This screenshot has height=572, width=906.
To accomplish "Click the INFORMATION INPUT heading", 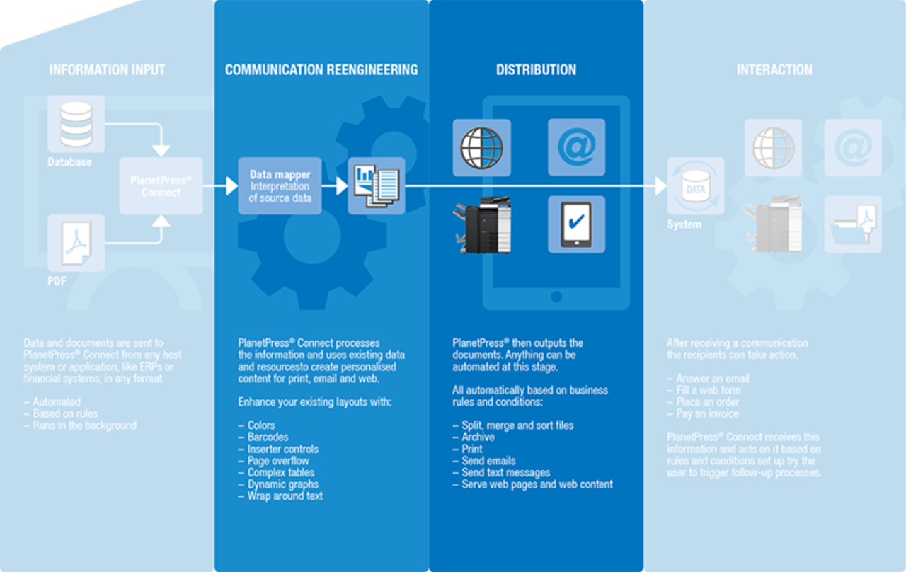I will coord(107,70).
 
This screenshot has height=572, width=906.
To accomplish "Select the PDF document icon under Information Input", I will coord(76,243).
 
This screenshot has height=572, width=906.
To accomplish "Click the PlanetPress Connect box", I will coord(161,186).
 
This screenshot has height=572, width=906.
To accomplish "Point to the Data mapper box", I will coord(280,185).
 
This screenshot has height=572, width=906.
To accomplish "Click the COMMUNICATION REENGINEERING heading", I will coord(321,70).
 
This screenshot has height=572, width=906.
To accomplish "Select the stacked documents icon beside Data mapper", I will coord(376,185).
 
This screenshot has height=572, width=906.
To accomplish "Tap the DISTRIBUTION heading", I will coord(536,70).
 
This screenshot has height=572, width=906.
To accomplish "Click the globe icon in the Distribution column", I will coord(481,147).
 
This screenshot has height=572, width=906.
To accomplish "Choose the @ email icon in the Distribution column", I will coord(576,147).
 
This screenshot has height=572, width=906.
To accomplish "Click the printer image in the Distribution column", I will coord(483,225).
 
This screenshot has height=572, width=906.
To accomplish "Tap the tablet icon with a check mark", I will coord(576,224).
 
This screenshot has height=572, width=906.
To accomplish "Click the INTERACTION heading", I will coord(774,70).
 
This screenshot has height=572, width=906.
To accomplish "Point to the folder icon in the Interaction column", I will coord(853,225).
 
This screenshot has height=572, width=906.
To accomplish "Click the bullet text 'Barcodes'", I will coord(268,437).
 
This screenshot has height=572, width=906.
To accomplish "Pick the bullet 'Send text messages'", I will coord(505,472).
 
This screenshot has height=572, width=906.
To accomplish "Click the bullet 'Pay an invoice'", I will coord(707,413).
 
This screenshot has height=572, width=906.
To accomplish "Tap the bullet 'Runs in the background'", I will coord(84,425).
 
